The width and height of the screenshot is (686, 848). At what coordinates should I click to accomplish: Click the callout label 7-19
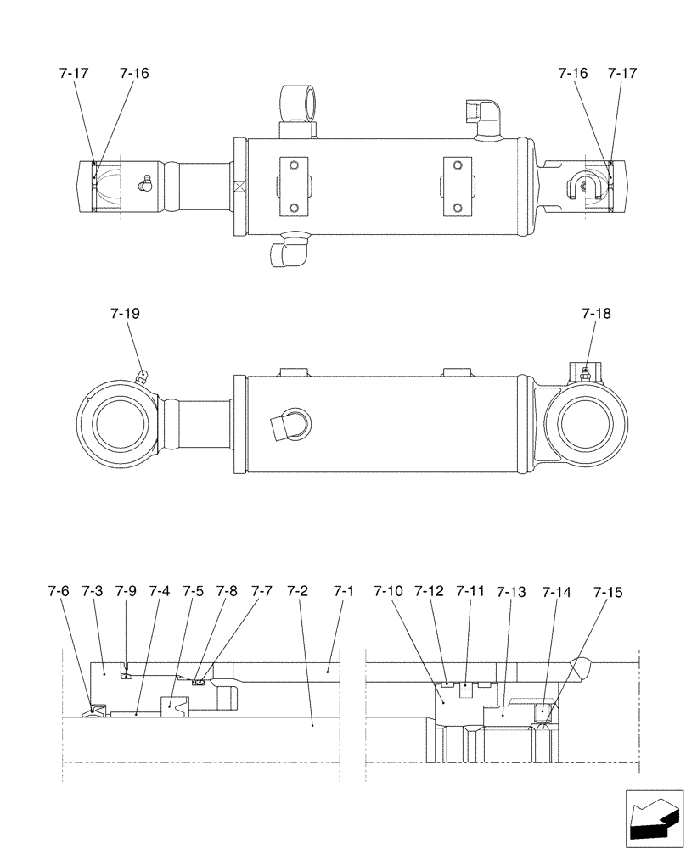(125, 314)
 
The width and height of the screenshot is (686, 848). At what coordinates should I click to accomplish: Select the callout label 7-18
(596, 314)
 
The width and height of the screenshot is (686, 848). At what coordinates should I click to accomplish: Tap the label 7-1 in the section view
(343, 590)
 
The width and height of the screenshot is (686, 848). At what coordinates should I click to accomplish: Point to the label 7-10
(390, 590)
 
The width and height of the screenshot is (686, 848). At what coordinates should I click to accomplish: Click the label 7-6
(58, 590)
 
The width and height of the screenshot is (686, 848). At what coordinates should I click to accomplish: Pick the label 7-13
(512, 590)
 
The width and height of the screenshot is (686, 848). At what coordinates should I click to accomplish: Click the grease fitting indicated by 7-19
(143, 374)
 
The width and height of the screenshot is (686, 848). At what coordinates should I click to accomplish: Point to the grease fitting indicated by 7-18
(584, 372)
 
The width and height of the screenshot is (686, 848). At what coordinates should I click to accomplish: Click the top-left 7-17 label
(74, 74)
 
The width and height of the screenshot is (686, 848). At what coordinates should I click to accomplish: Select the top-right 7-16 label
(573, 74)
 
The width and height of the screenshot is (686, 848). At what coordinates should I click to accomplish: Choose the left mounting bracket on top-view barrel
(293, 186)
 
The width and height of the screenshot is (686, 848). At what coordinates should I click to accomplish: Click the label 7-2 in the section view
(297, 590)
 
